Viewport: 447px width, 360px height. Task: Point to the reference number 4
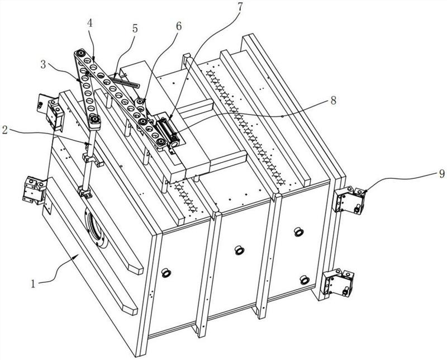point(89,24)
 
